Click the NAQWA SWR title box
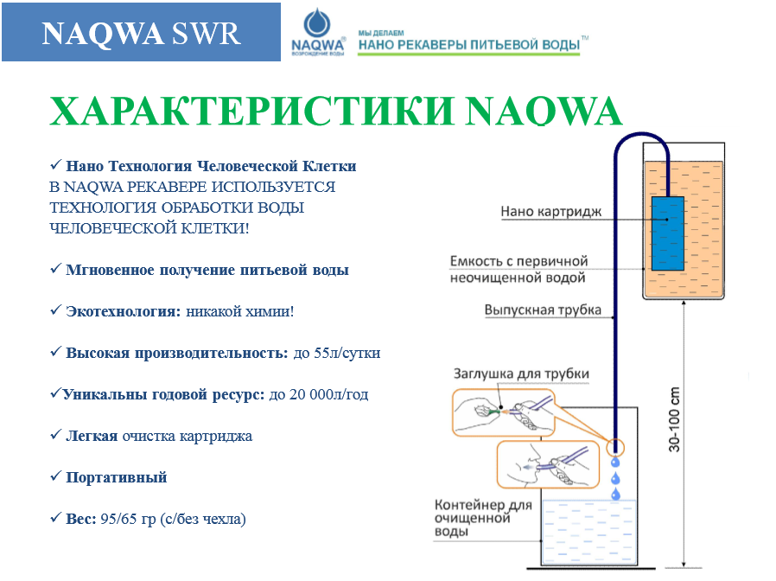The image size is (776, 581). (141, 33)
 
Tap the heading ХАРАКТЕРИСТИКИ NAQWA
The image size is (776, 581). (335, 112)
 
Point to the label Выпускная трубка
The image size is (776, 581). (543, 310)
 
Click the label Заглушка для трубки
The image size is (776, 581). (521, 374)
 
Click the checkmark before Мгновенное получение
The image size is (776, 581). (55, 270)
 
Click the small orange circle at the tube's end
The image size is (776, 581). (615, 447)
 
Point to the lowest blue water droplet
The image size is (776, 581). (615, 494)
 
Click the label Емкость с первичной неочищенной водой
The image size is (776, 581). (518, 269)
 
